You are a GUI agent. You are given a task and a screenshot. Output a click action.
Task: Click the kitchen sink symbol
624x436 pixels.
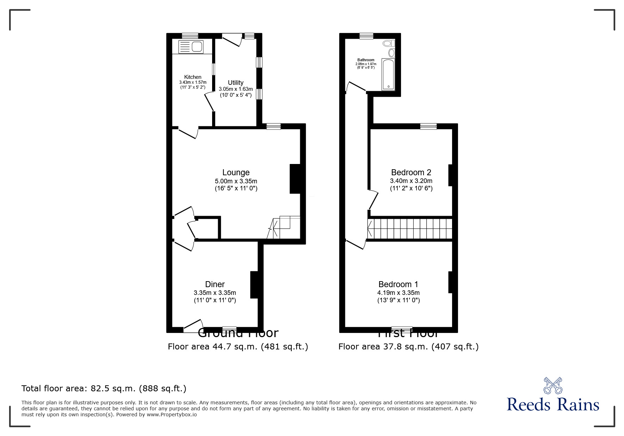point(191,47)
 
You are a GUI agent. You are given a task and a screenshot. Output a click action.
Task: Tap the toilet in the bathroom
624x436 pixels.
point(389,43)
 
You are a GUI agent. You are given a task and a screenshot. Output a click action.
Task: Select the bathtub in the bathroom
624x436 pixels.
point(389,74)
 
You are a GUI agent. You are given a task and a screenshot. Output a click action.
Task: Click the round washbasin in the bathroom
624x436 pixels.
point(391,53)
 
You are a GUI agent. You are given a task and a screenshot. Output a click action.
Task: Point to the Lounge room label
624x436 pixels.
point(236,172)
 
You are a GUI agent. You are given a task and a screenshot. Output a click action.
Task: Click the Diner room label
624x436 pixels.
point(215,284)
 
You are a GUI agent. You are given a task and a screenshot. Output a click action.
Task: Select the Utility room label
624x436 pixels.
point(236,83)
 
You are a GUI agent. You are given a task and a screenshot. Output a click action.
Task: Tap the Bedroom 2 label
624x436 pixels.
point(411,172)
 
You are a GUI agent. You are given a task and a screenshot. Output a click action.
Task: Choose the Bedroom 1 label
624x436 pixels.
point(398,284)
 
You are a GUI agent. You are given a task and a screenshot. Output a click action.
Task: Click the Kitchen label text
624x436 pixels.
point(193,77)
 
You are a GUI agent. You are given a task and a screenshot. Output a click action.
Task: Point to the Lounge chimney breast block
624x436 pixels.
point(295,179)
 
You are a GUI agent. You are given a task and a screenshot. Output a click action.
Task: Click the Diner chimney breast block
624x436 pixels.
point(254,285)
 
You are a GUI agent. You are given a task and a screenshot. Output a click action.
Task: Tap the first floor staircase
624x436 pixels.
point(410,229)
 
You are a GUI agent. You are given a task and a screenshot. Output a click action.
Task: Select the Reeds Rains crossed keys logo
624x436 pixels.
point(553,385)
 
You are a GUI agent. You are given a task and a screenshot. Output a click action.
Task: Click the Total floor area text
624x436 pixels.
point(104,388)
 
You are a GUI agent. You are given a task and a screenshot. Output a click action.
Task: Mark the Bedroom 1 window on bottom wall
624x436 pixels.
point(402,329)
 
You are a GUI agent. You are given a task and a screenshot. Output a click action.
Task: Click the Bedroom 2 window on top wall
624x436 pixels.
point(428,126)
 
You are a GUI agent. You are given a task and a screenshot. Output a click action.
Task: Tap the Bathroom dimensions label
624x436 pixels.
point(366,64)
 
